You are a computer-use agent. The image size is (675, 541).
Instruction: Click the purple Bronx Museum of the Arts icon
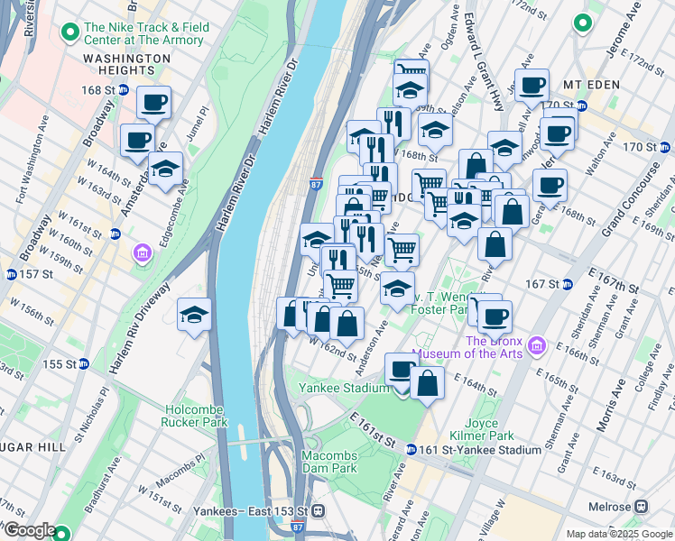539,345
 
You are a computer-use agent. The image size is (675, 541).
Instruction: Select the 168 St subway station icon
123,90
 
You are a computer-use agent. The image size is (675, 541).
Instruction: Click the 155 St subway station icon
83,364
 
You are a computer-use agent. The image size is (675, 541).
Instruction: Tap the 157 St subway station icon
10,274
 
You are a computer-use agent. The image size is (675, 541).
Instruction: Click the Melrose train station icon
642,507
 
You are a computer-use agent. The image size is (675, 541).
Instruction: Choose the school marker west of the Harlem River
195,315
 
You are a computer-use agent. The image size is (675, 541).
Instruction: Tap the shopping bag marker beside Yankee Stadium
428,382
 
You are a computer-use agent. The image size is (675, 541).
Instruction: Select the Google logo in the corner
29,531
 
